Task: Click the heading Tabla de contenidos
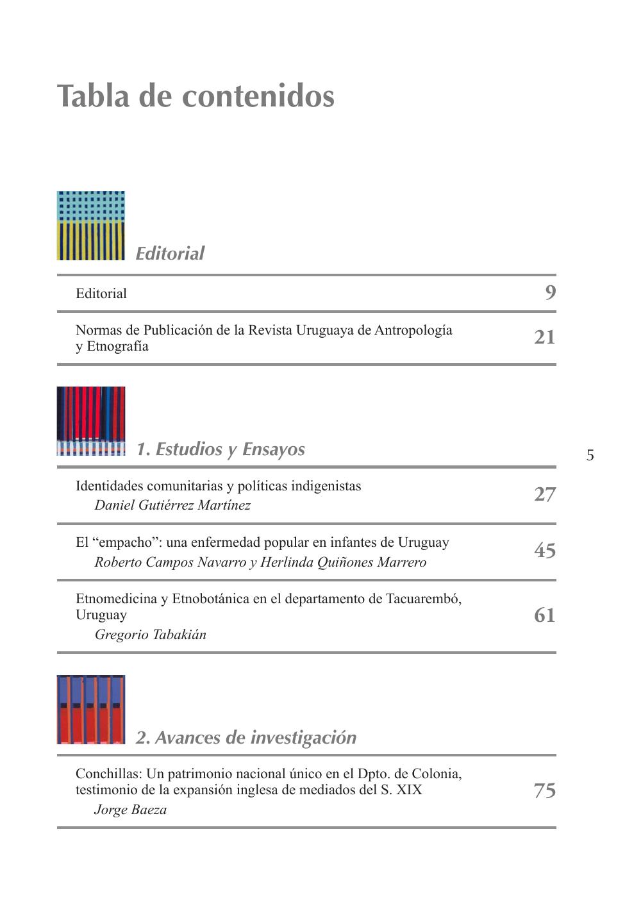pyautogui.click(x=196, y=96)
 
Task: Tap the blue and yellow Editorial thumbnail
pyautogui.click(x=91, y=226)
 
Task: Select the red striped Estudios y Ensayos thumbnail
pyautogui.click(x=91, y=421)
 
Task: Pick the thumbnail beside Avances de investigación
pyautogui.click(x=91, y=710)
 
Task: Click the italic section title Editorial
pyautogui.click(x=170, y=253)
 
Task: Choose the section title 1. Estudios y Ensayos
pyautogui.click(x=221, y=449)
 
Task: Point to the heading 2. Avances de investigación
pyautogui.click(x=246, y=737)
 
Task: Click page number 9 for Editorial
pyautogui.click(x=550, y=293)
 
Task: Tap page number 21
pyautogui.click(x=545, y=337)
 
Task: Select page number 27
pyautogui.click(x=545, y=494)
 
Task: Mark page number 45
pyautogui.click(x=545, y=551)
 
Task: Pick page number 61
pyautogui.click(x=545, y=615)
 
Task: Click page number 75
pyautogui.click(x=545, y=790)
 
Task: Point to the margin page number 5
pyautogui.click(x=590, y=456)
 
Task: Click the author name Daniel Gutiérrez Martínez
pyautogui.click(x=172, y=505)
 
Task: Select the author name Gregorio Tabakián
pyautogui.click(x=150, y=635)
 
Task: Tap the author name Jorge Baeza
pyautogui.click(x=130, y=810)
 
